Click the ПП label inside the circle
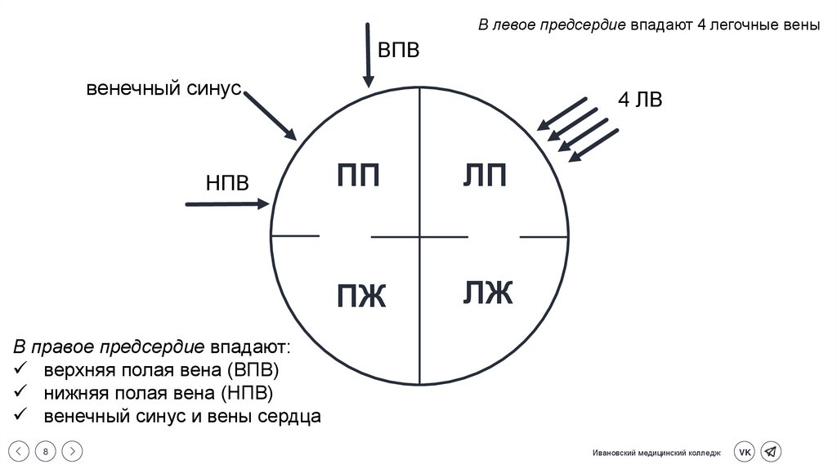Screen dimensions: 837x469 point(359,175)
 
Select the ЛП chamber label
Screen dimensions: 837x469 point(485,175)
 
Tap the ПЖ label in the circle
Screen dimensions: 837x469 point(360,295)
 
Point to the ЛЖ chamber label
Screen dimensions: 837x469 point(488,293)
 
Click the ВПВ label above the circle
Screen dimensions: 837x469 point(398,50)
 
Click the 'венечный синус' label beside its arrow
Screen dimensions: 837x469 point(164,88)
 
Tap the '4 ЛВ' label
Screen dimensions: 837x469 point(640,100)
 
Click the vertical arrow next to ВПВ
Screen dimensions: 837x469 point(369,54)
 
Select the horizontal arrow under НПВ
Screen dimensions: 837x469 point(228,203)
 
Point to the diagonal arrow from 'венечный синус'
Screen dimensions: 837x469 point(271,115)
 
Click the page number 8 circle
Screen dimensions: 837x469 point(46,451)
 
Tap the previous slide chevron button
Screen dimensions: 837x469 point(21,451)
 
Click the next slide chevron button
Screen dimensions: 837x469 point(72,451)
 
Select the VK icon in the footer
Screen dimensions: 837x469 point(745,452)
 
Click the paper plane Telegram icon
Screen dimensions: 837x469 point(770,452)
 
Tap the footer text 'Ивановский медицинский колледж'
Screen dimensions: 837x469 point(657,453)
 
